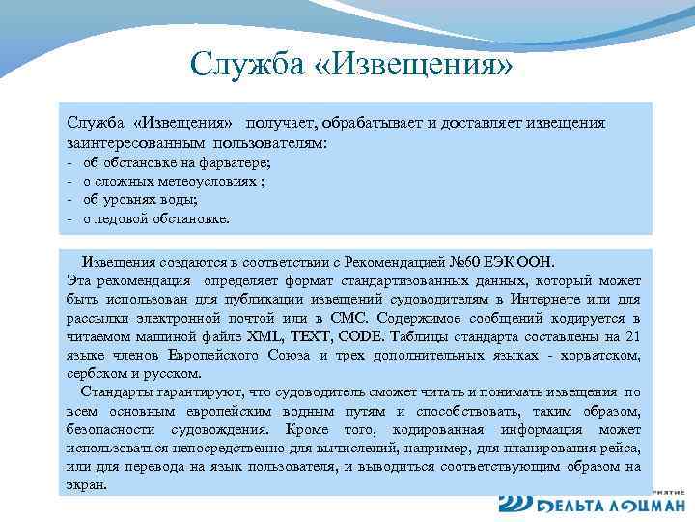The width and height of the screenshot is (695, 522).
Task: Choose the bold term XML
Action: (265, 335)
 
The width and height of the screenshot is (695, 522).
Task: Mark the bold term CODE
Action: (361, 335)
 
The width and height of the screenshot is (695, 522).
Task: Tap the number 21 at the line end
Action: (631, 335)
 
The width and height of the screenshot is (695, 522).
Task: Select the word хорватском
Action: (599, 354)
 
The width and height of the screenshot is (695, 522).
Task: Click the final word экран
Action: (87, 484)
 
